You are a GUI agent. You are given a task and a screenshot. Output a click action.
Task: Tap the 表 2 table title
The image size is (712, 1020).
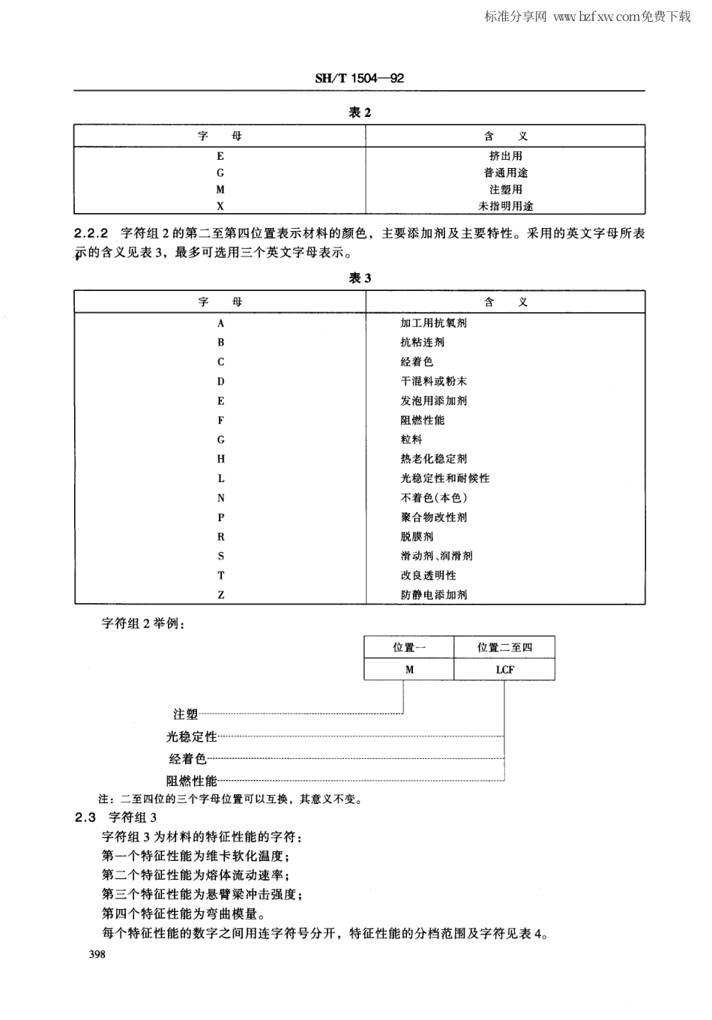360,112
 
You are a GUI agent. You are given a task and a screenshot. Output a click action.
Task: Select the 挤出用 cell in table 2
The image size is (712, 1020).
505,156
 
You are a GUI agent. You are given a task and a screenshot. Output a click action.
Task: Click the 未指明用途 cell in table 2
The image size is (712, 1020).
505,205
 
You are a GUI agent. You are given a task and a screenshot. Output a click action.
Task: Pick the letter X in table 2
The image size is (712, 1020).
220,205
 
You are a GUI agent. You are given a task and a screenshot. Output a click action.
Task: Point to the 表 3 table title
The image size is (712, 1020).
360,278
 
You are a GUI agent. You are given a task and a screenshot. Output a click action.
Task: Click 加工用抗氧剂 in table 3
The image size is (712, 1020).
433,323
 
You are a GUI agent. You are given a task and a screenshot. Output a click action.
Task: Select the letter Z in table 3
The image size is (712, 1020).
221,595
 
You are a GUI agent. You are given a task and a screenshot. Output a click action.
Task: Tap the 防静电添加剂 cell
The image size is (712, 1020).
433,595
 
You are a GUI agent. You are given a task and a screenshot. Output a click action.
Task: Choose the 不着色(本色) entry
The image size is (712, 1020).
433,498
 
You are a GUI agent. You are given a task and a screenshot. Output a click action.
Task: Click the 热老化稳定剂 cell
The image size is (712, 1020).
433,459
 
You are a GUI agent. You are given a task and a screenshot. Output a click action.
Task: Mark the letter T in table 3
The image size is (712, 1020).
221,575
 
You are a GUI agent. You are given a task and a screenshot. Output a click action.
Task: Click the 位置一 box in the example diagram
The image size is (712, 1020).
409,647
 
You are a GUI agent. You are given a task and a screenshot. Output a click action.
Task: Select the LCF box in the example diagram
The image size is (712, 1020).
504,669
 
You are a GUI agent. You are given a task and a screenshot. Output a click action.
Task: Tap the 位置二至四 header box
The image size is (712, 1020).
504,647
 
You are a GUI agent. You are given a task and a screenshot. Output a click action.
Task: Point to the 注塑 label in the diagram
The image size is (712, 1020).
185,715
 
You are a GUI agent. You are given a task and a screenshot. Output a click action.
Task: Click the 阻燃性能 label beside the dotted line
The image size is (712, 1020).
191,781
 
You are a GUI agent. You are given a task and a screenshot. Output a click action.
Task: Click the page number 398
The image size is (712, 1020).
97,955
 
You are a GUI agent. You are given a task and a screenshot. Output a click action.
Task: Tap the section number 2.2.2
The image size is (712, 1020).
92,233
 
